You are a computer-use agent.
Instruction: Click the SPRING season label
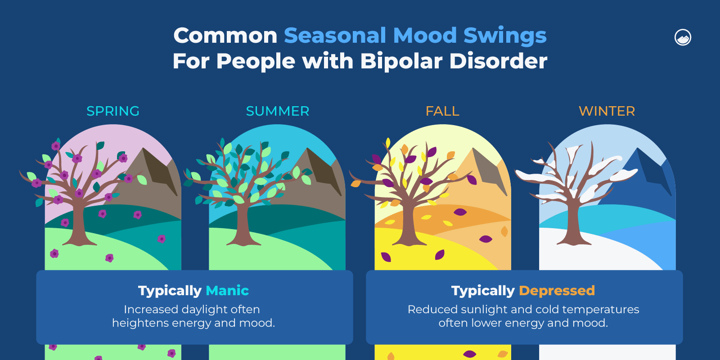pyautogui.click(x=113, y=111)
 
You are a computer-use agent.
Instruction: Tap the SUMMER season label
pyautogui.click(x=277, y=111)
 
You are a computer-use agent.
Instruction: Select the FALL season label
pyautogui.click(x=442, y=111)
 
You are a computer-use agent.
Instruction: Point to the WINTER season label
pyautogui.click(x=607, y=111)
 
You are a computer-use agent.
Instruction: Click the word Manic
pyautogui.click(x=227, y=291)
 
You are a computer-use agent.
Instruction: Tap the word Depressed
pyautogui.click(x=557, y=291)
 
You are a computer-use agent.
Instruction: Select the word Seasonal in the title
pyautogui.click(x=335, y=36)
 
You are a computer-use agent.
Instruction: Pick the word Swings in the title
pyautogui.click(x=505, y=36)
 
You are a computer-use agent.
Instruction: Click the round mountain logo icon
pyautogui.click(x=683, y=37)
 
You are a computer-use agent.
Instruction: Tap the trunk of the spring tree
pyautogui.click(x=78, y=225)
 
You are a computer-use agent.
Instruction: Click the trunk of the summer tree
pyautogui.click(x=243, y=225)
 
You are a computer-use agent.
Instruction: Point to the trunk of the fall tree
pyautogui.click(x=408, y=225)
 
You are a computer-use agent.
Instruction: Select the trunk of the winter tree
pyautogui.click(x=573, y=225)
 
